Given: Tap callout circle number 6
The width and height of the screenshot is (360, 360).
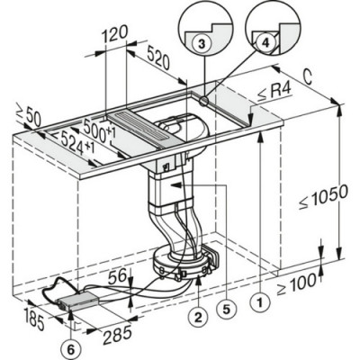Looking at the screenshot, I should [70, 344].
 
